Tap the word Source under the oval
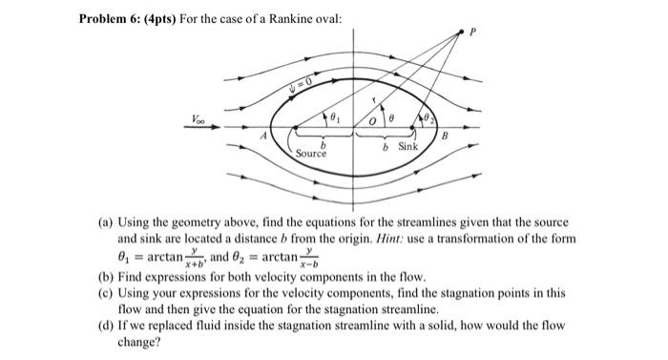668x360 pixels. click(311, 153)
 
